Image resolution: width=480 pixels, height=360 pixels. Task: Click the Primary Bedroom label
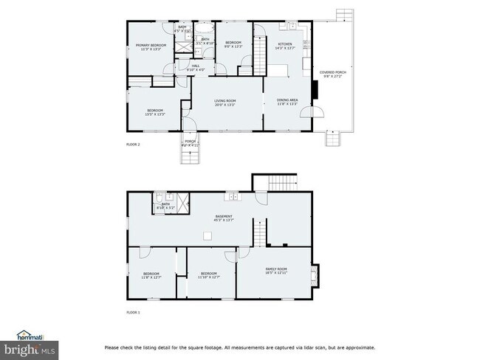coord(151,47)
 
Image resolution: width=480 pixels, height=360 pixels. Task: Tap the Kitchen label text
coord(285,46)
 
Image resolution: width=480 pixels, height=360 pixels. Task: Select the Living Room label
coord(224,103)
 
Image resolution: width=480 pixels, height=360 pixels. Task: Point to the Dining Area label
coord(287,102)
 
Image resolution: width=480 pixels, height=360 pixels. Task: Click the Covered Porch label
coord(332,74)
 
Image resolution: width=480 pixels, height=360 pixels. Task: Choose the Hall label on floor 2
coord(196,68)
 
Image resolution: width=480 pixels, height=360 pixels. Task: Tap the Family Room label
coord(276,271)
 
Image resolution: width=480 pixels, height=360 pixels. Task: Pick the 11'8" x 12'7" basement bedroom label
coord(151,275)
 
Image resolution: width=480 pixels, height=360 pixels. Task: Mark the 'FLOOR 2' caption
coord(133,144)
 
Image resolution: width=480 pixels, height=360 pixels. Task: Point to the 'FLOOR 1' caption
coord(133,313)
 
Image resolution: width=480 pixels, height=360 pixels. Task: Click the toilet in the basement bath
coord(159,198)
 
